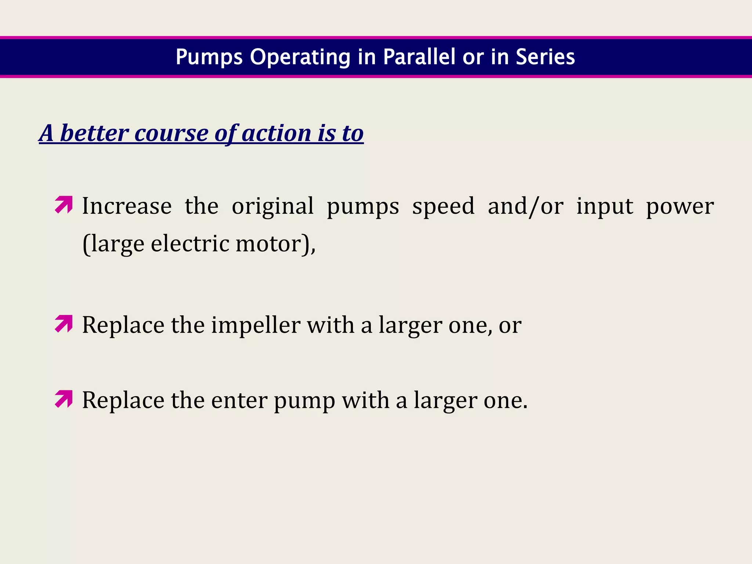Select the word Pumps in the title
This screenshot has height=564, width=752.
point(209,58)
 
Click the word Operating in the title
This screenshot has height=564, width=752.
point(300,58)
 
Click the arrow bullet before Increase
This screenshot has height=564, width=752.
point(64,205)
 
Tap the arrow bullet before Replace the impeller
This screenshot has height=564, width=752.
point(64,324)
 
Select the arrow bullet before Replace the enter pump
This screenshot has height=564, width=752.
point(64,399)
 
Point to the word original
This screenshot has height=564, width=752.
point(272,206)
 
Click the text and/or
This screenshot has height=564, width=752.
point(525,206)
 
